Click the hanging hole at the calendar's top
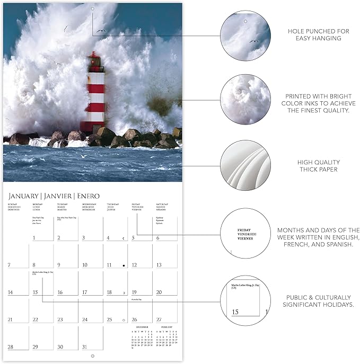point(92,9)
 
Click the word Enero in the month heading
point(89,196)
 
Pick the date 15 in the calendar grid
point(35,292)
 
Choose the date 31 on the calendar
point(84,347)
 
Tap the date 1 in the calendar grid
point(34,238)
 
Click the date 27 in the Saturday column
point(159,319)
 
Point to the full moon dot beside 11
point(124,265)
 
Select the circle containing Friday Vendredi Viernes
point(245,234)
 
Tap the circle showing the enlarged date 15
point(245,300)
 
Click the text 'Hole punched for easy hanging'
point(318,35)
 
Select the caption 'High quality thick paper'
point(318,166)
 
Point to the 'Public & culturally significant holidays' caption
point(318,300)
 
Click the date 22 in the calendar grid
point(35,319)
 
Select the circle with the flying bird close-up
point(245,35)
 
